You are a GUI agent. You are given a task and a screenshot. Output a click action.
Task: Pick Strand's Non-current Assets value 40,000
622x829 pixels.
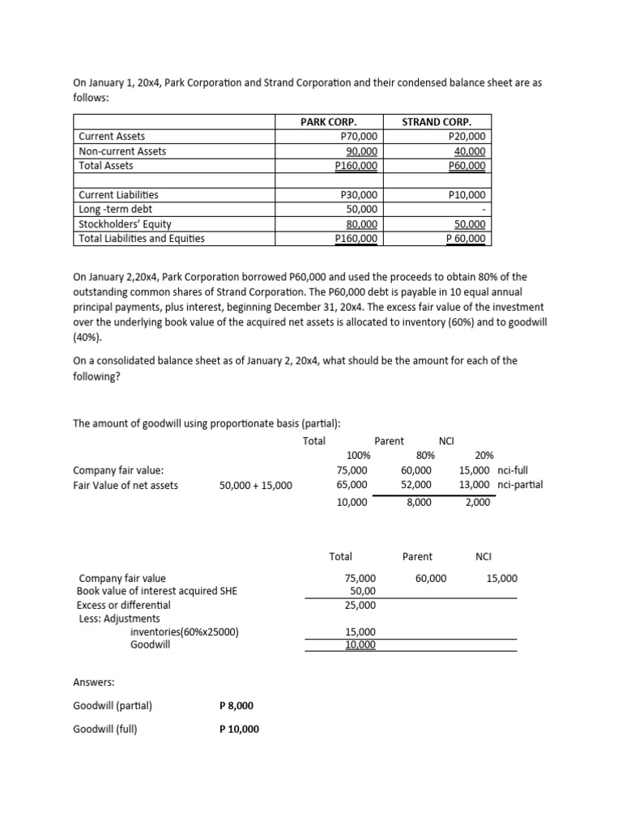tap(470, 151)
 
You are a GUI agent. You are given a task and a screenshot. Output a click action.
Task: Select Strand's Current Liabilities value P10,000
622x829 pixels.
tap(466, 195)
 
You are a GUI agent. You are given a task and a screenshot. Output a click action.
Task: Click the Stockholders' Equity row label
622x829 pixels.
tap(125, 224)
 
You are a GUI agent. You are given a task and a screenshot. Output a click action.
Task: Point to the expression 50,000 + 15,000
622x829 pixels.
tap(256, 486)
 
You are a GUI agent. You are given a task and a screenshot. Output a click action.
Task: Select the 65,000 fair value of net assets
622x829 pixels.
tap(351, 485)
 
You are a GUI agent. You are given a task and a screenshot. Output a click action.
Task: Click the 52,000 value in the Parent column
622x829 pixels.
tap(416, 485)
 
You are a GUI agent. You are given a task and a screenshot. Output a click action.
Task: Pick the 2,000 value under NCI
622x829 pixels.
tap(478, 503)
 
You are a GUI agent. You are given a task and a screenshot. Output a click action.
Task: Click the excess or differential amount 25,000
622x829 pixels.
tap(360, 605)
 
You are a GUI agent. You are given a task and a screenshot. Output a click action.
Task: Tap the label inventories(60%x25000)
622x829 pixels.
tap(184, 632)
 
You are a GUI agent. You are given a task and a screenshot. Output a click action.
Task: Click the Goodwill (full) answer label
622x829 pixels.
tap(105, 729)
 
